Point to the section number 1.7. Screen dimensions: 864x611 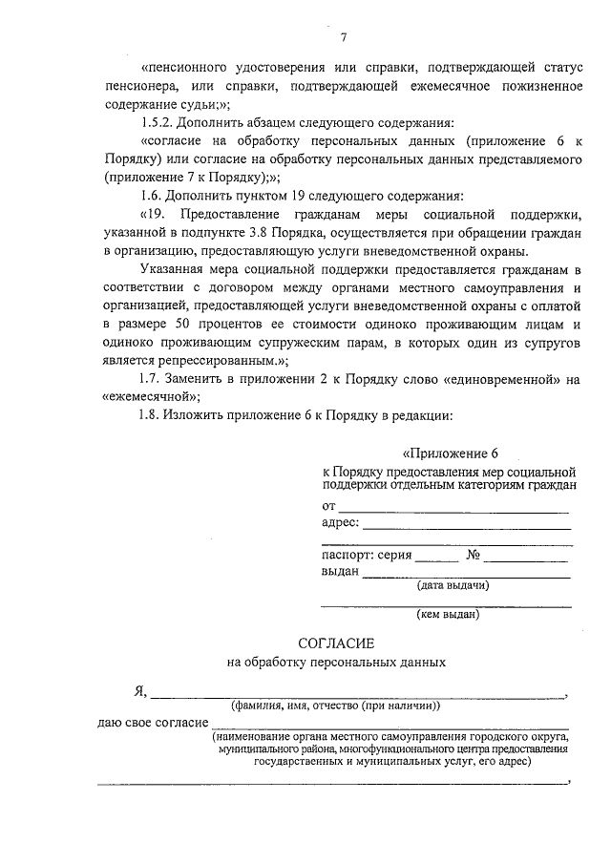pyautogui.click(x=152, y=379)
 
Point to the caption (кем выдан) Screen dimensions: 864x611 pyautogui.click(x=448, y=615)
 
